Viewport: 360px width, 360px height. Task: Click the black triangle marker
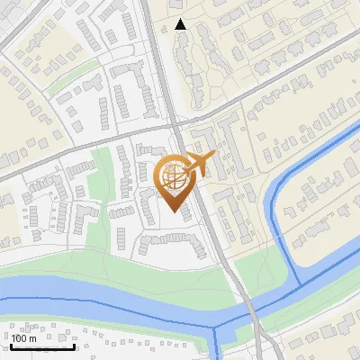181,24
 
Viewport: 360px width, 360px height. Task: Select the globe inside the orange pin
173,177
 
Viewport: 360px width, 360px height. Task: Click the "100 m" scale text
24,338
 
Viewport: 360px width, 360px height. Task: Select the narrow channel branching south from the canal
217,342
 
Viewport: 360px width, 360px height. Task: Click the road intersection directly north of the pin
176,131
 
